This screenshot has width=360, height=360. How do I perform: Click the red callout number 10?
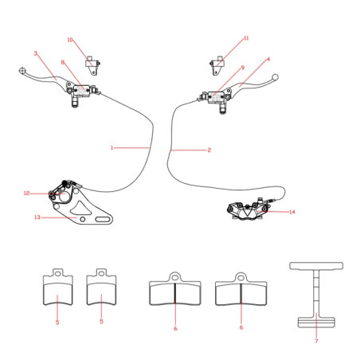[70, 40]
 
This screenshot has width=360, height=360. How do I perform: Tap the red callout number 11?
[246, 38]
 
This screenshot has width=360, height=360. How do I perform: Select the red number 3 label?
[35, 53]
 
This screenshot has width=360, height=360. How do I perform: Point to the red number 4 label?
[268, 59]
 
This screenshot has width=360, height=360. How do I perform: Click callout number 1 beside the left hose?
[112, 147]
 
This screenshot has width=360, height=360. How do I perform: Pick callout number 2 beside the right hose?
[209, 151]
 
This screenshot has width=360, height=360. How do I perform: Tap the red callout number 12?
[26, 194]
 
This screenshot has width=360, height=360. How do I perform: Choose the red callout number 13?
[37, 217]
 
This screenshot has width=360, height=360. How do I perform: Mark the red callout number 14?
[292, 212]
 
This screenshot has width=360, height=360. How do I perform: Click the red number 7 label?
[316, 341]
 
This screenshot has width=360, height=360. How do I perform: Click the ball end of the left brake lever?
[22, 71]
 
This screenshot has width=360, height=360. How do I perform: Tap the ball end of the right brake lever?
[275, 77]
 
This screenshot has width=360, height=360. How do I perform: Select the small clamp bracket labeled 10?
[92, 65]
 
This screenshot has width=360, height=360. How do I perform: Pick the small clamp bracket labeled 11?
[217, 65]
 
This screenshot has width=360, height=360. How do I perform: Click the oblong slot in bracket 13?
[103, 219]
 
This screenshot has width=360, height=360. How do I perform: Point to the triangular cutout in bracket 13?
[80, 209]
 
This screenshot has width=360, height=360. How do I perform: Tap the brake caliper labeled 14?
[248, 209]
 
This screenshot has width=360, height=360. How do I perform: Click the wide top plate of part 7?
[316, 266]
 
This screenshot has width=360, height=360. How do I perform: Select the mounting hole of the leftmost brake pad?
[58, 272]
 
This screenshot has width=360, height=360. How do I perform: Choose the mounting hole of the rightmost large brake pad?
[241, 278]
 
